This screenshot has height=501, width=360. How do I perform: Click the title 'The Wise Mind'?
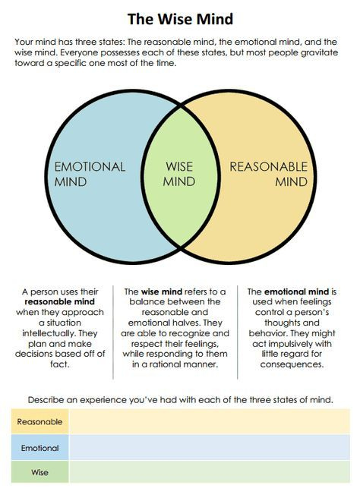point(180,19)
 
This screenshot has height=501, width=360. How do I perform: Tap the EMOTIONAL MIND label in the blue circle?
point(90,174)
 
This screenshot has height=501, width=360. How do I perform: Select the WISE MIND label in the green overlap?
point(179,174)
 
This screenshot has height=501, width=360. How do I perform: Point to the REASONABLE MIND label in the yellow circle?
point(269,174)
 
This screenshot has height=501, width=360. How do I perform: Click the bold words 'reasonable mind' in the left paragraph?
point(60,301)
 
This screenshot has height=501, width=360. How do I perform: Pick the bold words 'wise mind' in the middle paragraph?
point(162,291)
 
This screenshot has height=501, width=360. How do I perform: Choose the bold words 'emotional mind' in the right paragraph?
point(297,291)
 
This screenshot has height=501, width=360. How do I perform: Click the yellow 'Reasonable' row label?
point(39,422)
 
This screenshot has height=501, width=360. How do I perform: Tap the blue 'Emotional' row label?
point(39,448)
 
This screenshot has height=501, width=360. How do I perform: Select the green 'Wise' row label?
point(39,472)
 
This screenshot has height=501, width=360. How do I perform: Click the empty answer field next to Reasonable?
point(210,422)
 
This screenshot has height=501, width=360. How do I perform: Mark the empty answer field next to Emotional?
point(210,448)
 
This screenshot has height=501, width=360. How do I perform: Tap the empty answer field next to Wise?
point(210,472)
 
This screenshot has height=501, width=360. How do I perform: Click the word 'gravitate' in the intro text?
point(319,52)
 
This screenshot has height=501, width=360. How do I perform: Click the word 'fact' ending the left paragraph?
point(58,364)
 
